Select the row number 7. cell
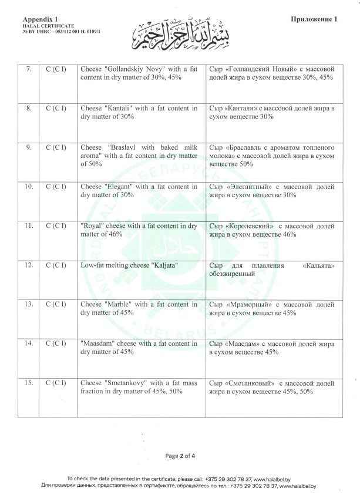pos(29,70)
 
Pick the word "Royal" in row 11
pos(91,225)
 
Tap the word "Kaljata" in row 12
pos(164,265)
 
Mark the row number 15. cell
pos(29,383)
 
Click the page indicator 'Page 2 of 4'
pos(180,456)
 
